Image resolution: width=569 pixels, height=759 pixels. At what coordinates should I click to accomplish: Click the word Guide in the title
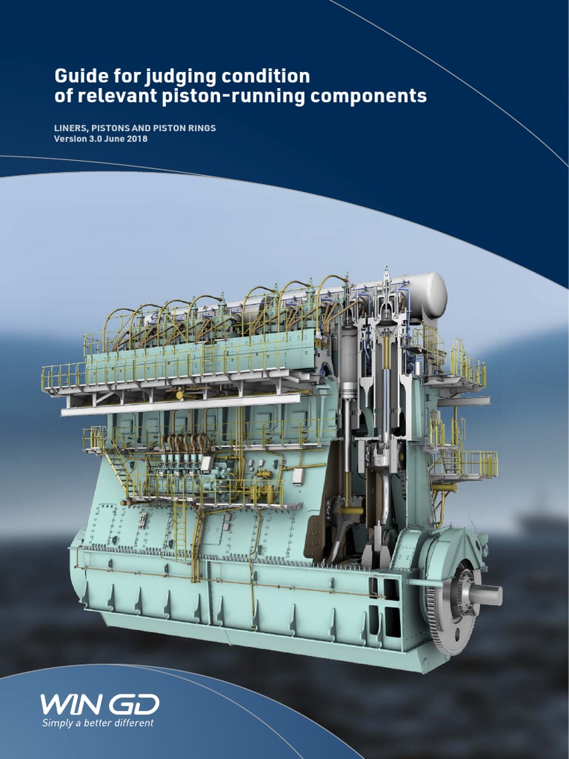(78, 76)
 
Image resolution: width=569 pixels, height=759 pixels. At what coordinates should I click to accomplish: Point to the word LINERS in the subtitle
(71, 128)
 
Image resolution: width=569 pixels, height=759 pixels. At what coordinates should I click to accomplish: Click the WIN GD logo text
(99, 704)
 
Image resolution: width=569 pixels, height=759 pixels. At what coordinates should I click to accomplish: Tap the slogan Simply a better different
(98, 723)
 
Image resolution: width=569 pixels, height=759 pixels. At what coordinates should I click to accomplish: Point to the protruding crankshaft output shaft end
(487, 594)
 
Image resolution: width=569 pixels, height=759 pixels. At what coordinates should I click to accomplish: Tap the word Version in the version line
(70, 139)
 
